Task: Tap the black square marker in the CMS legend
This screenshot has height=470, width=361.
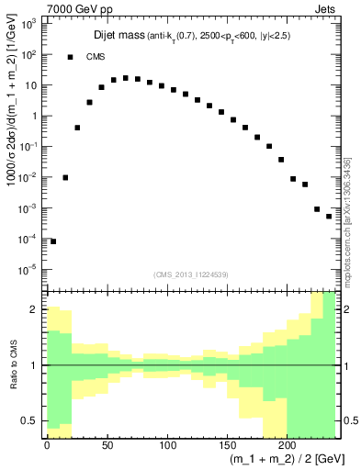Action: click(70, 57)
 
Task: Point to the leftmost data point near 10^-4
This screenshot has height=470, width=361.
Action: click(53, 241)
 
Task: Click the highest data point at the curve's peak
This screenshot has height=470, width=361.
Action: click(125, 77)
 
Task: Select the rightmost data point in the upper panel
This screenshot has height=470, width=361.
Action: click(329, 216)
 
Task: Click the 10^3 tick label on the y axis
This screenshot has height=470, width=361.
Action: click(29, 24)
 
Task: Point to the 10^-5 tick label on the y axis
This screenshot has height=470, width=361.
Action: click(29, 269)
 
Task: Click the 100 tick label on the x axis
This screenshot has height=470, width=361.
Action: click(167, 444)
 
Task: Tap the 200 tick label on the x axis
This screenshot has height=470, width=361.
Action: click(287, 444)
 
